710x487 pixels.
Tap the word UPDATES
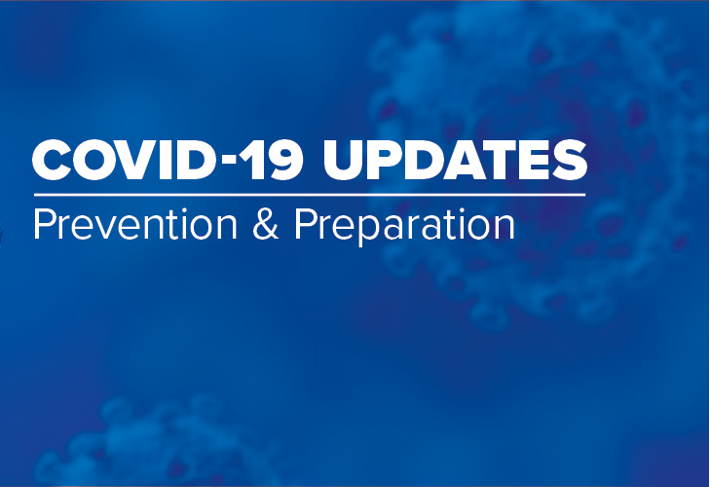point(456,161)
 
